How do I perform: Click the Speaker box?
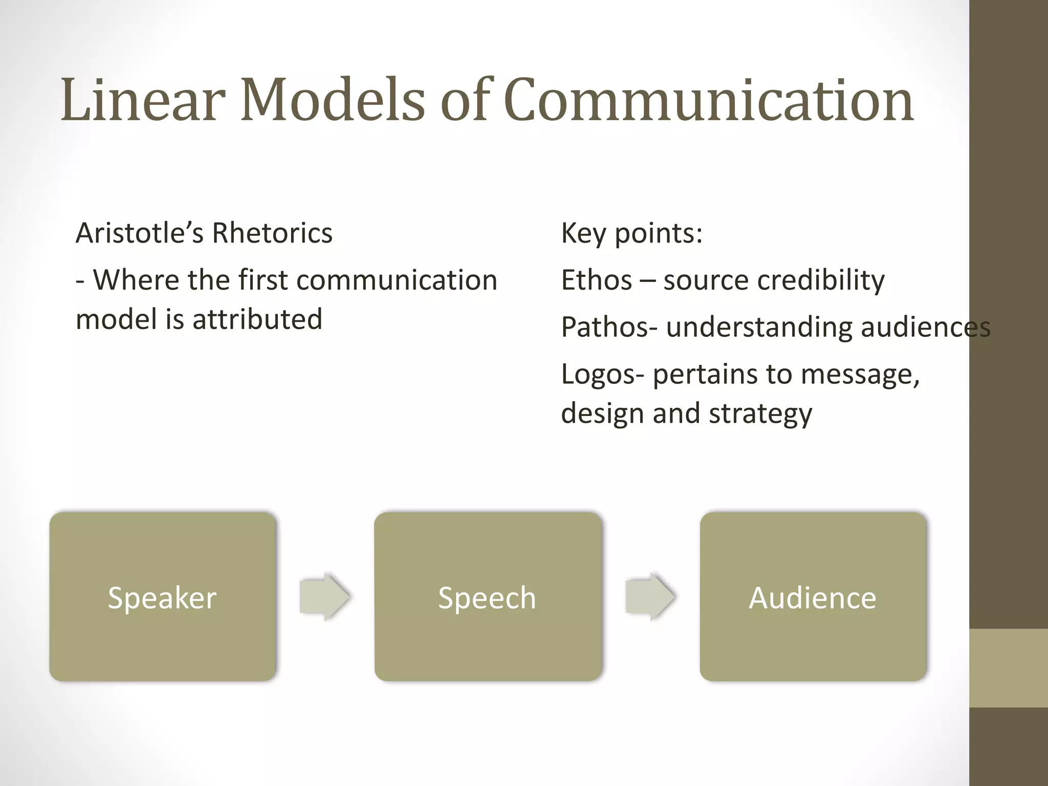[162, 597]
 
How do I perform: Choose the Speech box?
[487, 597]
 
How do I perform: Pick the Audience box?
[813, 597]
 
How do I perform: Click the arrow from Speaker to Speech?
[324, 597]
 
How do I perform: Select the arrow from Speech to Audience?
[650, 597]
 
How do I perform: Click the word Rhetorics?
[272, 233]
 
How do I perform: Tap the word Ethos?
[597, 280]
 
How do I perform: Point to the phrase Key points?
[631, 233]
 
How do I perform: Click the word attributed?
[257, 319]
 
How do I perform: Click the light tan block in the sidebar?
[1008, 668]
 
